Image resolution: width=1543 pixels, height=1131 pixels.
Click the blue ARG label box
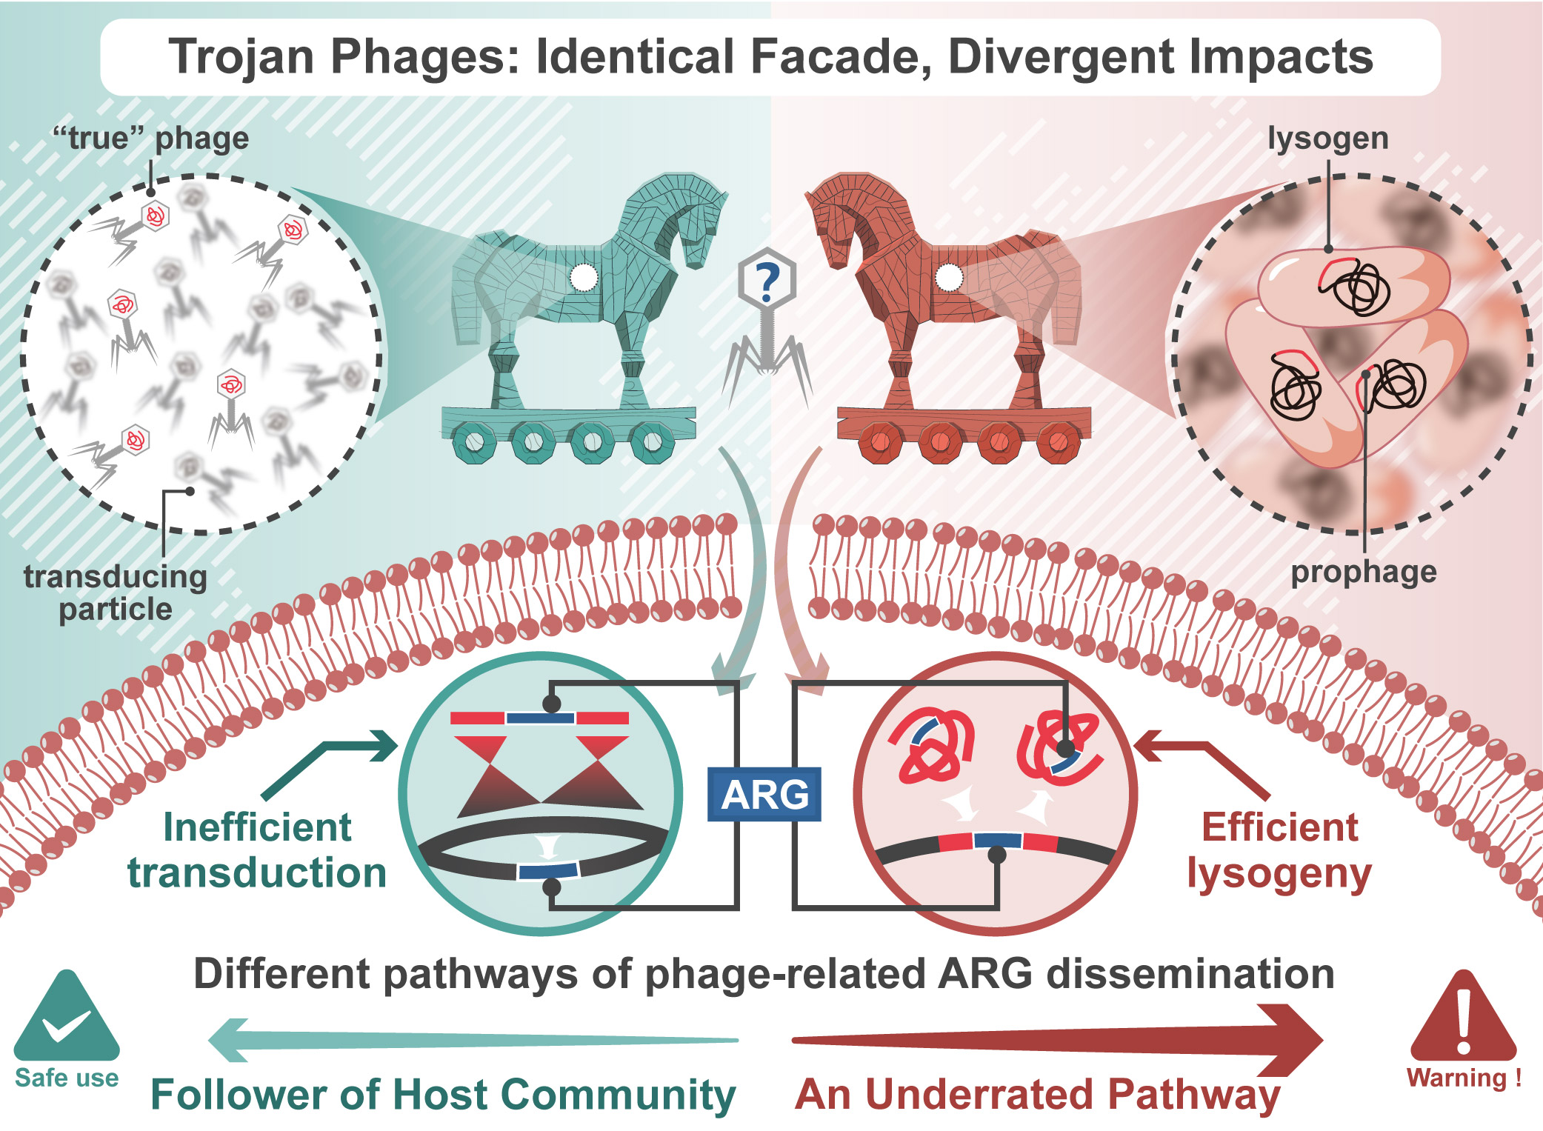764,794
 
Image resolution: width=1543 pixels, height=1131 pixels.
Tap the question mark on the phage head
767,281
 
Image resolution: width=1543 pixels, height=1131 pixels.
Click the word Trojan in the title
241,57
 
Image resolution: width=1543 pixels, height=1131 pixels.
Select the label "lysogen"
1327,139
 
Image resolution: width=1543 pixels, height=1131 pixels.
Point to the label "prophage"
1364,572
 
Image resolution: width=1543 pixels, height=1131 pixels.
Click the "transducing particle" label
116,593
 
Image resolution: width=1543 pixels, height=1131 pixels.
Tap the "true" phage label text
150,139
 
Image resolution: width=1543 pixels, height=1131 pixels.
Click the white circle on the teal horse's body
584,278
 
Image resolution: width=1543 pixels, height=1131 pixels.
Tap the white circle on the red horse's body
949,278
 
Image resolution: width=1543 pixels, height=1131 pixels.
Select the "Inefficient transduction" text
257,850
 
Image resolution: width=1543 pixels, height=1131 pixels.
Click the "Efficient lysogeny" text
1279,850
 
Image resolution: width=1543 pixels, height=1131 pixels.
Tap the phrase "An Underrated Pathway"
1037,1095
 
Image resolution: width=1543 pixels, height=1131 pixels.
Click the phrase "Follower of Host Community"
443,1095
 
